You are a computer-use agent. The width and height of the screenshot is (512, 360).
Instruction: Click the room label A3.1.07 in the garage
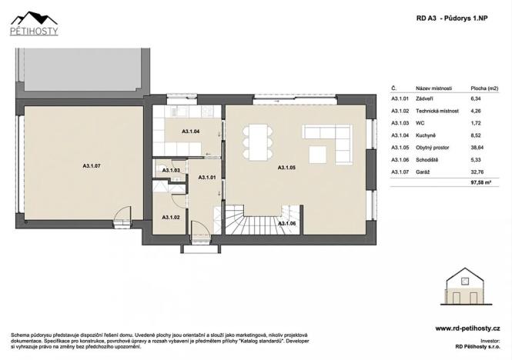(x=92, y=165)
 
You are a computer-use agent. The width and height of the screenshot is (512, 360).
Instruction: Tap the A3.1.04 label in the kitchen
(x=190, y=132)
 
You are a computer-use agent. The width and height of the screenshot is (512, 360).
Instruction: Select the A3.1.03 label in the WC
(x=171, y=170)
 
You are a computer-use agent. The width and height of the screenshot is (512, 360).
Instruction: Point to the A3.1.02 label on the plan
(x=171, y=218)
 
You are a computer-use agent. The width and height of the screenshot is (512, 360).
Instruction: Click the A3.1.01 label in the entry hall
(x=207, y=177)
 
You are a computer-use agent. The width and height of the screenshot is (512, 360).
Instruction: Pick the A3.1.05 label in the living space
(x=286, y=166)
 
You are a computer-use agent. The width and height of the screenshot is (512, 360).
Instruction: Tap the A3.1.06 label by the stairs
(x=286, y=223)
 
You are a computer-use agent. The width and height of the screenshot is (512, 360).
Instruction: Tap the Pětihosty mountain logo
(x=35, y=23)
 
